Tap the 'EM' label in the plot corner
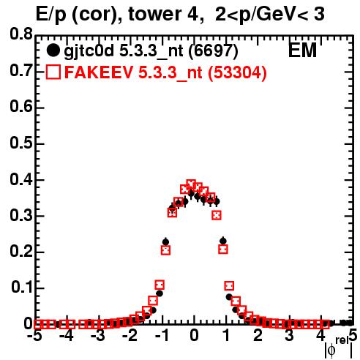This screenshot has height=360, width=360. click(302, 50)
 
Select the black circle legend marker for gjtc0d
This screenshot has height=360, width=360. click(53, 50)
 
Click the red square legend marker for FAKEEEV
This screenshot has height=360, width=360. click(53, 72)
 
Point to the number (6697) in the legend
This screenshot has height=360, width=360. click(214, 50)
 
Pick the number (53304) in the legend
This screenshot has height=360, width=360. click(237, 72)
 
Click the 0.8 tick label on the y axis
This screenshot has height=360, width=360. click(21, 34)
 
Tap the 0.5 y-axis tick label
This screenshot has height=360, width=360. click(21, 143)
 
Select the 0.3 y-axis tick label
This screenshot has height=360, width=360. click(21, 216)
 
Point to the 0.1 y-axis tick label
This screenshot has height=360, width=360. click(22, 288)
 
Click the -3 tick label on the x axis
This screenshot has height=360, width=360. click(98, 335)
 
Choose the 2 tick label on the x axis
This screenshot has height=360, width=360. click(258, 335)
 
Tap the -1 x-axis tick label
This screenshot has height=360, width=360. click(162, 335)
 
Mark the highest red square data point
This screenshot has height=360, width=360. click(191, 184)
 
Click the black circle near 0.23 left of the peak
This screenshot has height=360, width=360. click(165, 242)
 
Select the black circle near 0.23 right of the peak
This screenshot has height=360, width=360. click(223, 241)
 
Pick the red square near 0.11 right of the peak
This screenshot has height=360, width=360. click(229, 285)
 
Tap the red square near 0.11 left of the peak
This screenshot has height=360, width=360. click(160, 285)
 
